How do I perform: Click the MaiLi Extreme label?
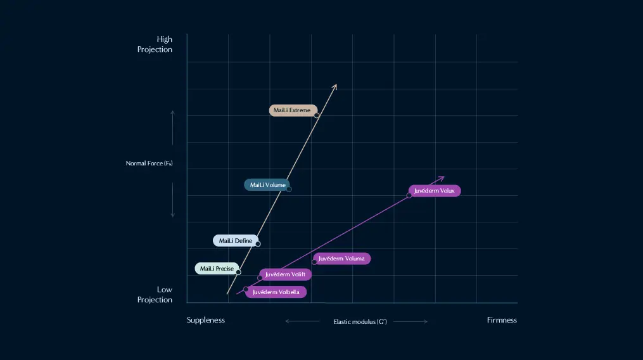292,110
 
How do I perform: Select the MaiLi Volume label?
267,185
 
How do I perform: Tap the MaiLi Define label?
235,241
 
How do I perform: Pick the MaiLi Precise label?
217,269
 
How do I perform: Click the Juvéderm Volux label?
435,190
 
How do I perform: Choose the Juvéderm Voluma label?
341,259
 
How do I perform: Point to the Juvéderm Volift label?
285,274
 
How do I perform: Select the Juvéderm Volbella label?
276,292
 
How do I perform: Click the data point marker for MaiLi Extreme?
316,115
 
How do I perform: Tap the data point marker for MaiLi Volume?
289,189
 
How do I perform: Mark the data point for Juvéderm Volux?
409,195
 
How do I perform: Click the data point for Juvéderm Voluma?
314,262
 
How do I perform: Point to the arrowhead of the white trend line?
335,86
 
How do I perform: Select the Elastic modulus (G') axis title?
360,322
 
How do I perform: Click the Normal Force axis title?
150,164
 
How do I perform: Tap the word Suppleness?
206,320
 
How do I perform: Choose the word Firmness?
502,320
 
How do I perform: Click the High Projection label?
155,44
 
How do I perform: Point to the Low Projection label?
155,295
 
